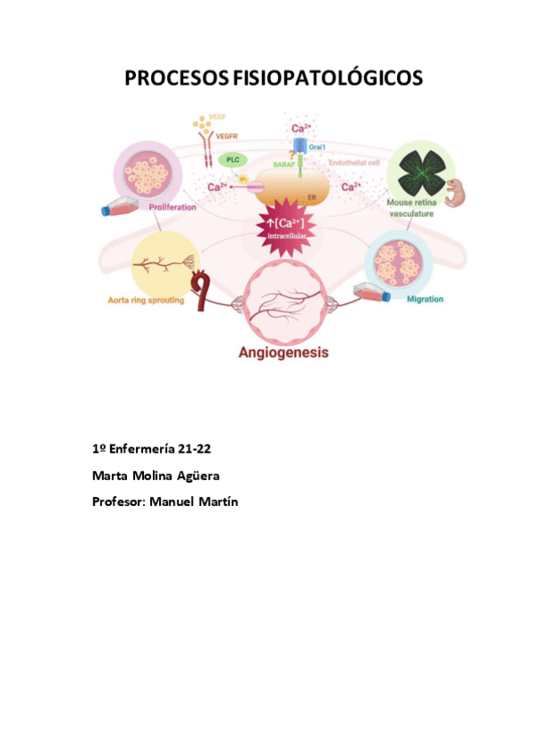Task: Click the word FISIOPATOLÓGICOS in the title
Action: (x=327, y=79)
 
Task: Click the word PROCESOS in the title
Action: (x=176, y=79)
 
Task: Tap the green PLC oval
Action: (x=233, y=160)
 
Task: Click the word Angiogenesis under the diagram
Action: (x=283, y=352)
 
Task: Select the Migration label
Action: (x=425, y=299)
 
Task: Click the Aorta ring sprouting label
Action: (x=146, y=300)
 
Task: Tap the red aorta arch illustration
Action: (x=203, y=294)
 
